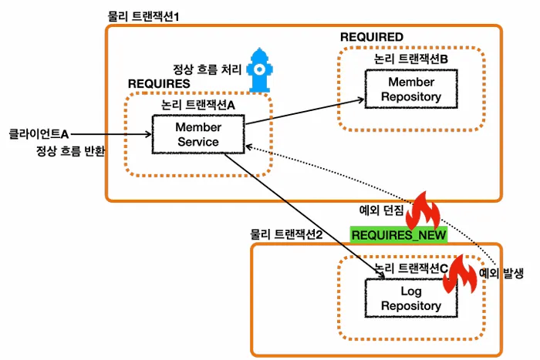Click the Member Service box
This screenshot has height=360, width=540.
click(198, 134)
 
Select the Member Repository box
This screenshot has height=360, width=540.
click(403, 89)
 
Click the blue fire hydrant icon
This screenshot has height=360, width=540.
click(258, 69)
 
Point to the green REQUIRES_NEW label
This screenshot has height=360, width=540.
click(389, 235)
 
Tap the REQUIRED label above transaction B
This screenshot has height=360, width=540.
click(371, 37)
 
